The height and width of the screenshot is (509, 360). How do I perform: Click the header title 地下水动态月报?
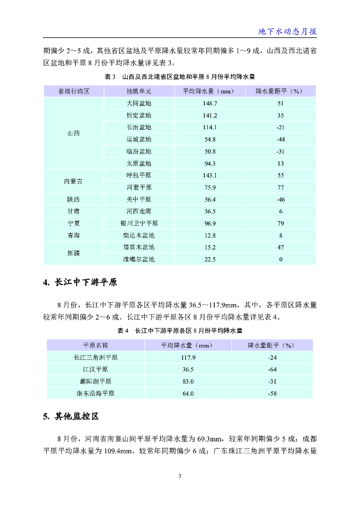[287, 31]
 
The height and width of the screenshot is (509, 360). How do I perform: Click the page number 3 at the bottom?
[180, 476]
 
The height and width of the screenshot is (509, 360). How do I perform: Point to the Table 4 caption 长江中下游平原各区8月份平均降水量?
[180, 331]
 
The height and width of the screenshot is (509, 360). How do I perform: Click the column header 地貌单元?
[139, 91]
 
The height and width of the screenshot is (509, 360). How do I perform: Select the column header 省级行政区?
[74, 91]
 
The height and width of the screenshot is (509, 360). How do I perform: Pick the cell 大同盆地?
[139, 103]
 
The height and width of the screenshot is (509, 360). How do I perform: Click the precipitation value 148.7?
[210, 103]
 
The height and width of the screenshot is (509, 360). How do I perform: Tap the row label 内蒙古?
[74, 181]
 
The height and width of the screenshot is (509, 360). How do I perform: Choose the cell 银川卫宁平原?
[139, 223]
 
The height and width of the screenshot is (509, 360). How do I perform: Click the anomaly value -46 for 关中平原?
[280, 199]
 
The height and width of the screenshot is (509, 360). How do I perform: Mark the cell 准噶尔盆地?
[139, 259]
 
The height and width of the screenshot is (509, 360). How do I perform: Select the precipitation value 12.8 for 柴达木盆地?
[210, 235]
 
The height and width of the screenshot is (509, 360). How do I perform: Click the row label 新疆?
[74, 254]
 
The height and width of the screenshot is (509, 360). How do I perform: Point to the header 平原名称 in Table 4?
[95, 345]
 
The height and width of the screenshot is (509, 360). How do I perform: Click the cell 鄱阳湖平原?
[95, 381]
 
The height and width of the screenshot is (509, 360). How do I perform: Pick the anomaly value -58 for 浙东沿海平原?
[272, 393]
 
